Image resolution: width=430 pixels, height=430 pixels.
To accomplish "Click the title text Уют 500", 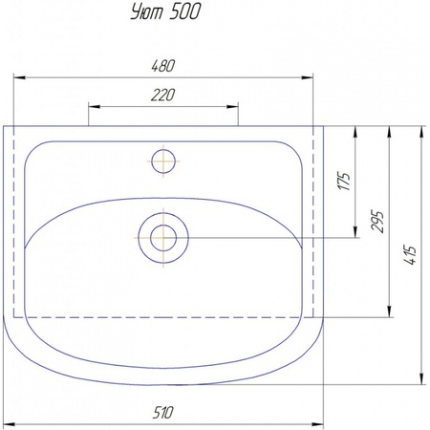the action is pos(165,12).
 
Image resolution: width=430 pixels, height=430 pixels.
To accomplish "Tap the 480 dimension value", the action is pos(162,66).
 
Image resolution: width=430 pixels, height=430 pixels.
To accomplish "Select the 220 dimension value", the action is pos(162,96).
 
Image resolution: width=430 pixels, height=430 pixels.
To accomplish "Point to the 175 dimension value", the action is pos(344,182).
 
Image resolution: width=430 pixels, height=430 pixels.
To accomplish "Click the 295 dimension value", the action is pos(377,222).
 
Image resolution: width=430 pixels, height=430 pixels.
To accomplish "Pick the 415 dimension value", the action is pos(411,255).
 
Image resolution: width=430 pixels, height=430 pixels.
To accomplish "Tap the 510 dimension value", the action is pos(162,413).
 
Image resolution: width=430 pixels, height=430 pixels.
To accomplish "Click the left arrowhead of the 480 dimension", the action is pos(19,77).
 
